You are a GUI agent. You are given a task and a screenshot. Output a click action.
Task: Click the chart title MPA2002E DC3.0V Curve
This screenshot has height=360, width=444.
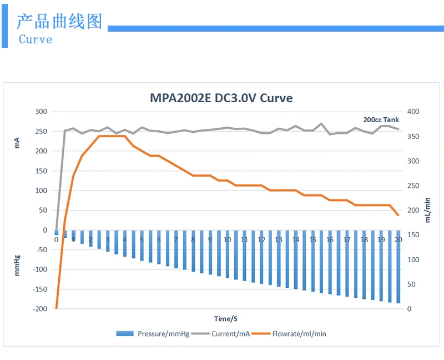[221, 98]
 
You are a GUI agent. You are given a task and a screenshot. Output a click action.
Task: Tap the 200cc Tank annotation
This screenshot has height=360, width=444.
[381, 119]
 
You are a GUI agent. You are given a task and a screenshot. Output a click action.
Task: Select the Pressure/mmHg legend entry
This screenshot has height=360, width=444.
[153, 334]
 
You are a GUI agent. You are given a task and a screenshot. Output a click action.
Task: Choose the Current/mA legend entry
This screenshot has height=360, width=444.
[220, 334]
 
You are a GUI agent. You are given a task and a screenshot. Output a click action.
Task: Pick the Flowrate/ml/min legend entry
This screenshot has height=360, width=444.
[289, 334]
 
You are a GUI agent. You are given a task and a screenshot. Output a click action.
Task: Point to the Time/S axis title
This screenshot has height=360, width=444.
[226, 319]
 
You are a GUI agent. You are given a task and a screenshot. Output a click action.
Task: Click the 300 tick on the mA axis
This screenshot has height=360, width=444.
[41, 112]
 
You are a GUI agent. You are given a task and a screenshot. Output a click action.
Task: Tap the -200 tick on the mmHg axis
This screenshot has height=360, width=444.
[40, 309]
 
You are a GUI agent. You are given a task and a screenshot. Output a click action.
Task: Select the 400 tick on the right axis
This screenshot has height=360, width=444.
[413, 112]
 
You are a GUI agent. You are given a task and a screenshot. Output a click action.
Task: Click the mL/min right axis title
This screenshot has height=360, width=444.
[427, 210]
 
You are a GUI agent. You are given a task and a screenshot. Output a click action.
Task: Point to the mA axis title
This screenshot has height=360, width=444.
[17, 143]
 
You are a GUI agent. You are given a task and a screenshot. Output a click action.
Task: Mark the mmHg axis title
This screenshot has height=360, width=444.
[17, 266]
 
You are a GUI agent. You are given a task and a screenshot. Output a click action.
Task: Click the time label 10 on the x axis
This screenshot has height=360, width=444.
[227, 240]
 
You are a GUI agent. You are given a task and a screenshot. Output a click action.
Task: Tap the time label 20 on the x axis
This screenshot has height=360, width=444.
[398, 240]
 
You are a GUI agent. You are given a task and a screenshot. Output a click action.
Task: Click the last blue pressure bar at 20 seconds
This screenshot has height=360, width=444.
[398, 267]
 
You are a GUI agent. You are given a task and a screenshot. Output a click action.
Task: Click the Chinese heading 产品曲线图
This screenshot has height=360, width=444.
[59, 21]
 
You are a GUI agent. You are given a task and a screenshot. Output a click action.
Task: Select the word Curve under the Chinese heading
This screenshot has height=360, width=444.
[36, 39]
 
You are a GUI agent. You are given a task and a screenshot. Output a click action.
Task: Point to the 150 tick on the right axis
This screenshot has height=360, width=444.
[413, 234]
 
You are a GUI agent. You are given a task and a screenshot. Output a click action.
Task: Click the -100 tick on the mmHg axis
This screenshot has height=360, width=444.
[40, 269]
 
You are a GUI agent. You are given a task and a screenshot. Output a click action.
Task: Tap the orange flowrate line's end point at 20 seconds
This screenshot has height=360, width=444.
[398, 215]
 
